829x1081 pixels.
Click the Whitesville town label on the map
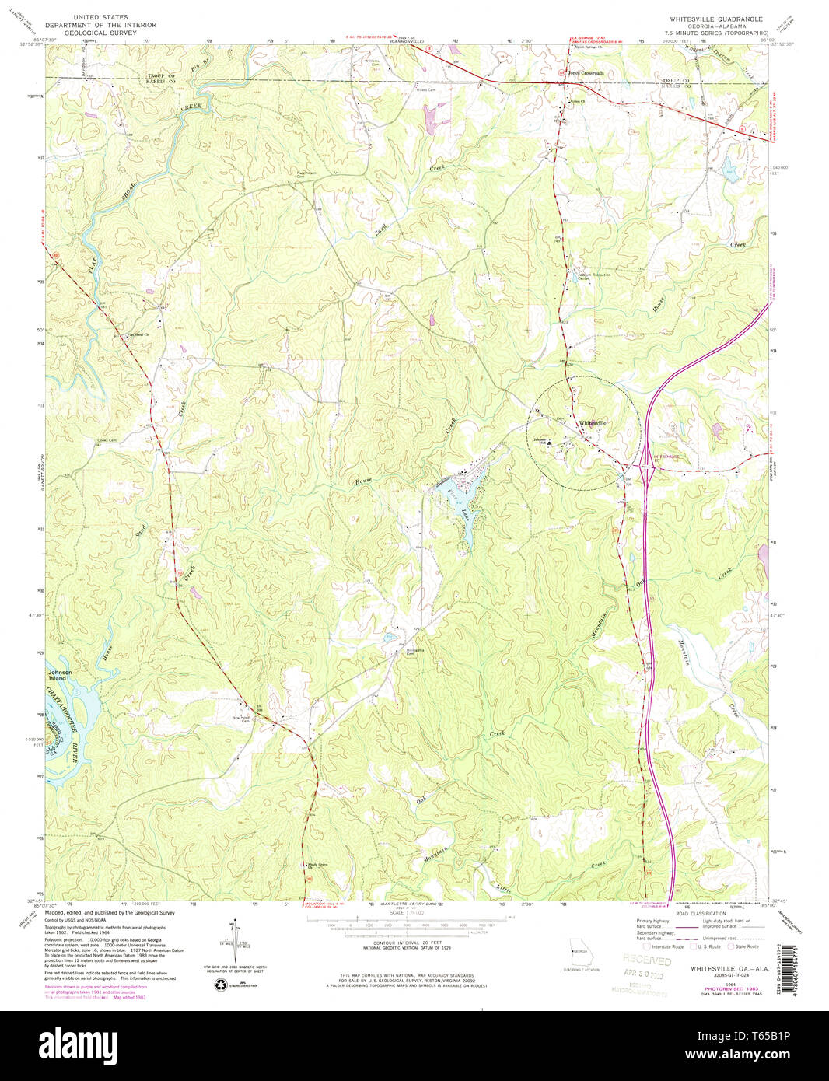[x=592, y=423]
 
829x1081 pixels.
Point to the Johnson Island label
[x=60, y=675]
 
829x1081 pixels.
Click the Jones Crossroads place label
[x=586, y=73]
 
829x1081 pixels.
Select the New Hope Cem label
[x=241, y=719]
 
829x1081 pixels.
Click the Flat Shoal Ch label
[x=138, y=335]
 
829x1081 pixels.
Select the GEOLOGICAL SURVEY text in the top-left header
[x=111, y=34]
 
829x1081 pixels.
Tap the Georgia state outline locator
[x=579, y=953]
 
